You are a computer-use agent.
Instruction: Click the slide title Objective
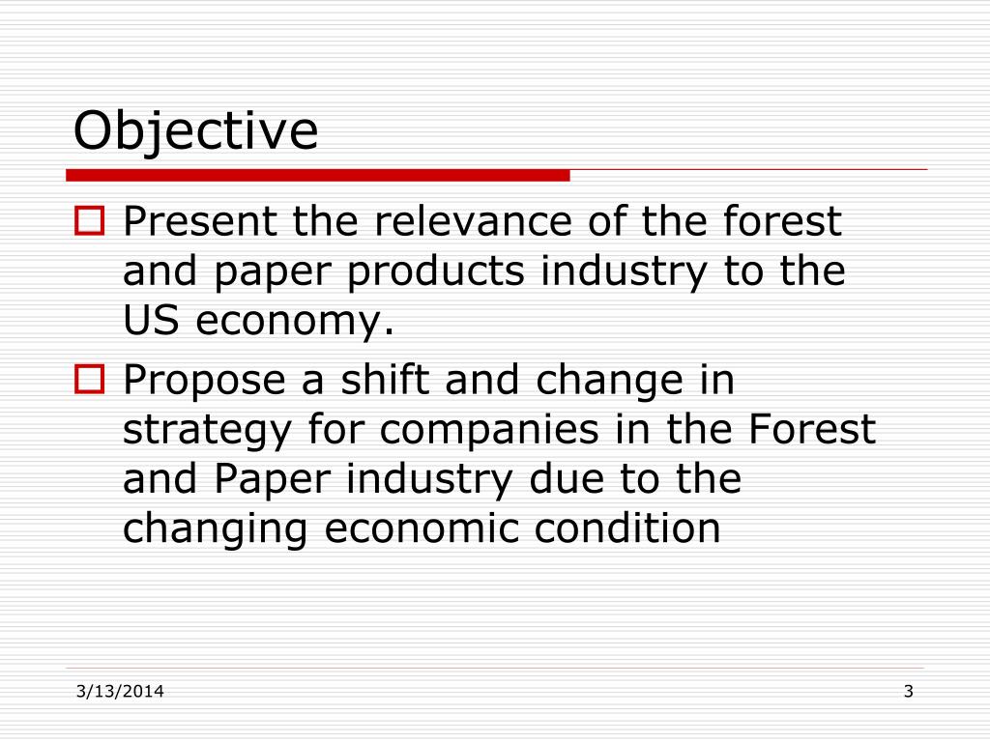(x=195, y=131)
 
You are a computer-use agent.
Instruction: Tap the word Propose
(x=209, y=381)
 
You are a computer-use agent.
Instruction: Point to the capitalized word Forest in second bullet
(x=812, y=429)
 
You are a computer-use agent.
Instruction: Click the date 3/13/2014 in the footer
(x=119, y=690)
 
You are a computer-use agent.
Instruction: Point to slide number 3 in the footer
(x=908, y=690)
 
